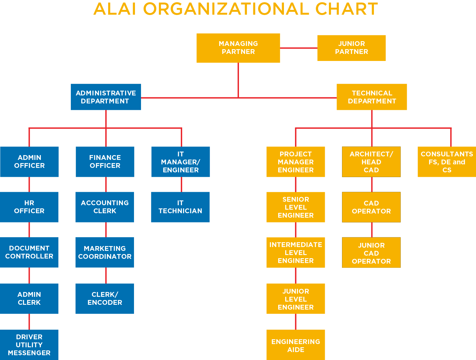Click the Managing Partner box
(238, 48)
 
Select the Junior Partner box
(351, 48)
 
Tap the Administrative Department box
(106, 97)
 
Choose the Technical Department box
(372, 97)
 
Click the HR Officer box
(29, 207)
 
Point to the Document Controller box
(29, 252)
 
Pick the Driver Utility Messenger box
(29, 345)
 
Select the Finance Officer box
(105, 161)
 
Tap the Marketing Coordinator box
(105, 252)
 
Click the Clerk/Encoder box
(105, 298)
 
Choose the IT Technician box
(180, 207)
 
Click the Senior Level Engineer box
(295, 207)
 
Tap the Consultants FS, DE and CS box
(447, 161)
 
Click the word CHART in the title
(346, 9)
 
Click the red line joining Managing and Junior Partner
(299, 48)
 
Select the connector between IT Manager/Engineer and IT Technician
(181, 184)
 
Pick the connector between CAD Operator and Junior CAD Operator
(372, 230)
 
